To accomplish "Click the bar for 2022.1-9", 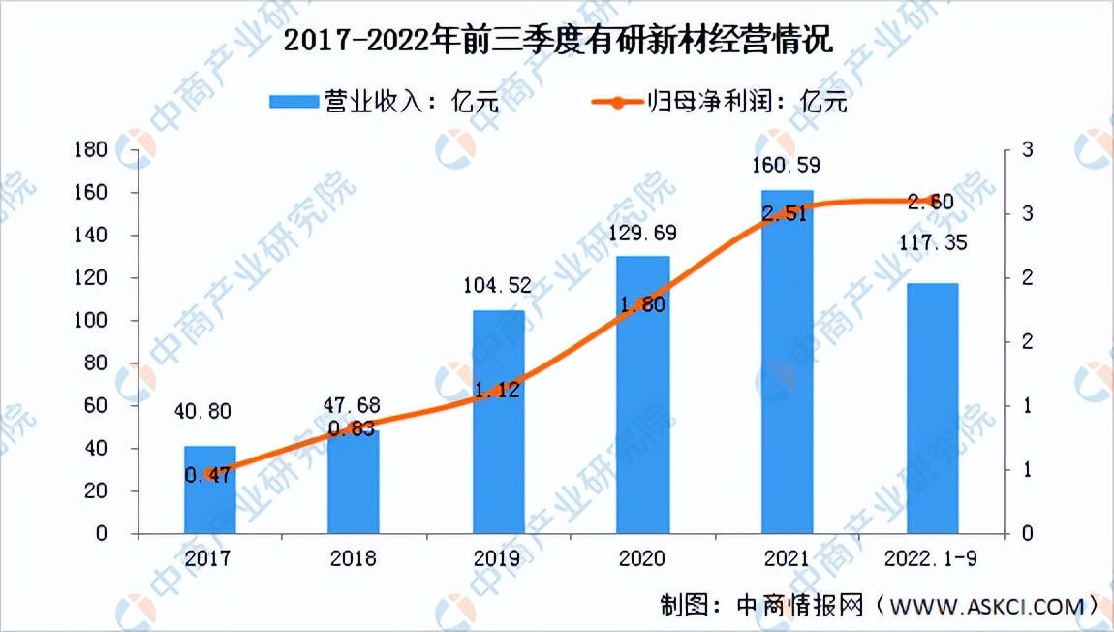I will pyautogui.click(x=932, y=417).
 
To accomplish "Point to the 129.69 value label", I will pyautogui.click(x=643, y=233).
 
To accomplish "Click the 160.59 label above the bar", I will pyautogui.click(x=788, y=166).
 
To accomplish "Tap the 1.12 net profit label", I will pyautogui.click(x=499, y=390).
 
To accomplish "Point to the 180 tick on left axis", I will pyautogui.click(x=95, y=150).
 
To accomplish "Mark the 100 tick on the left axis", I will pyautogui.click(x=95, y=321).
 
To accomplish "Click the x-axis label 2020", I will pyautogui.click(x=643, y=559).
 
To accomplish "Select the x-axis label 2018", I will pyautogui.click(x=354, y=559).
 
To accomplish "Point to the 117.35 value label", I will pyautogui.click(x=932, y=242).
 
